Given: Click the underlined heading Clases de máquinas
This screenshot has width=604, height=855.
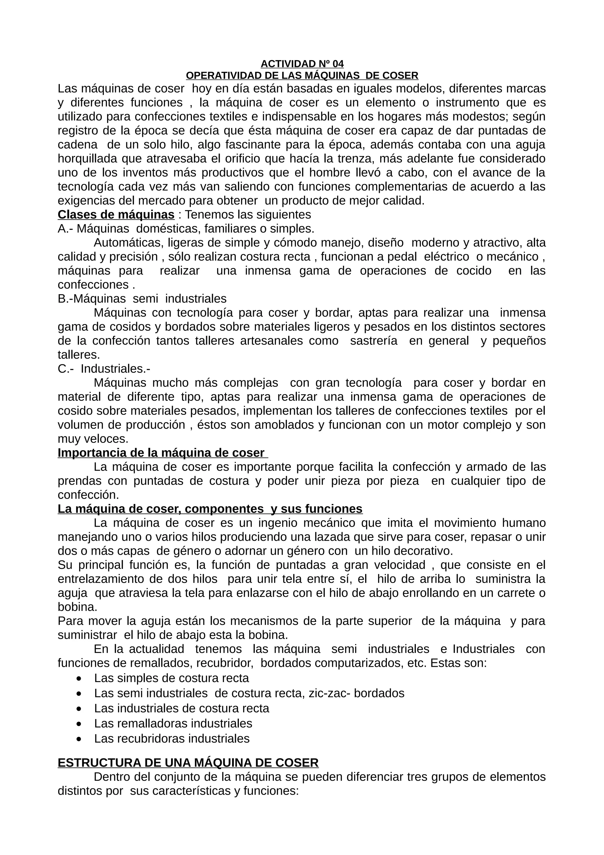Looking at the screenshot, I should [x=116, y=215].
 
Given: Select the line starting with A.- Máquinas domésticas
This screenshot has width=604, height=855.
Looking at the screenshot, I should [x=186, y=229].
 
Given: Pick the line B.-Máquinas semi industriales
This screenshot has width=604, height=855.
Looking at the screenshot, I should [x=142, y=299].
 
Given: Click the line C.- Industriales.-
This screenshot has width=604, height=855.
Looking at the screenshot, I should [x=104, y=369].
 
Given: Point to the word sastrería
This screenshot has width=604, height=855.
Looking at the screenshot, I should [x=374, y=341].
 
